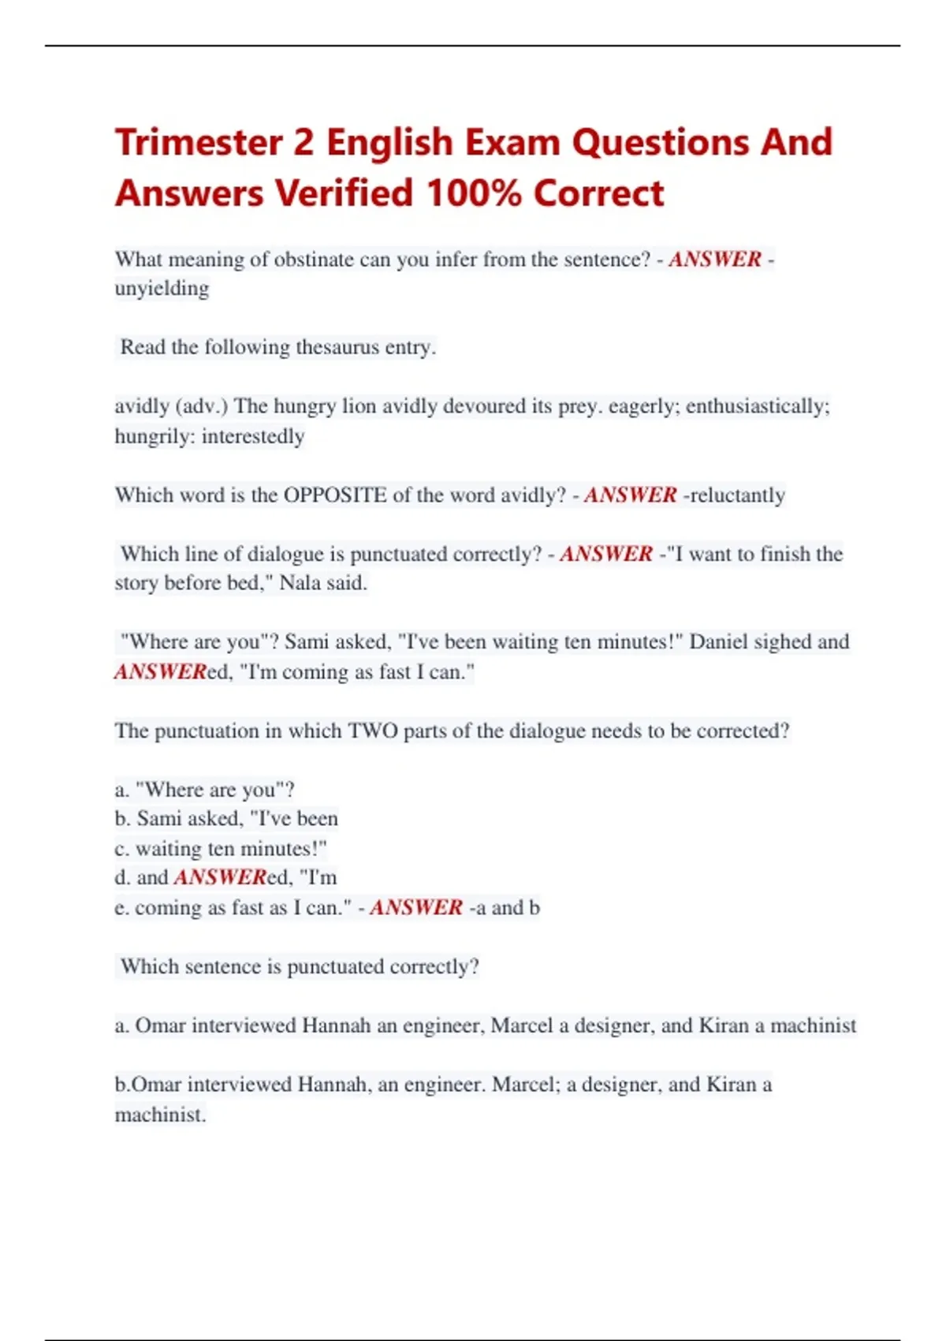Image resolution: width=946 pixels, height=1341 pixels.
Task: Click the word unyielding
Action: click(x=162, y=289)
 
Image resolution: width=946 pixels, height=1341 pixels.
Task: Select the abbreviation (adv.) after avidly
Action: click(x=202, y=406)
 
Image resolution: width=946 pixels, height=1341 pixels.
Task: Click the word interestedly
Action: click(x=253, y=436)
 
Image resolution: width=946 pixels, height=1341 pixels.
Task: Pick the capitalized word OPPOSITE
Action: click(x=335, y=495)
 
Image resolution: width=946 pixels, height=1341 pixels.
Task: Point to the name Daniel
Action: click(x=718, y=641)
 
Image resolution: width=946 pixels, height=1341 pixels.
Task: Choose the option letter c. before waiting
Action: click(x=121, y=849)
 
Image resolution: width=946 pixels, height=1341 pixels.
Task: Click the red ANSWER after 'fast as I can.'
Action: click(x=415, y=907)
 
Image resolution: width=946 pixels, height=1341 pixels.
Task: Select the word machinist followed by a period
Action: click(x=160, y=1115)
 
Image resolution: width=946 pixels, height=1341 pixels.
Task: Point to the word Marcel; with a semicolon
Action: click(x=526, y=1085)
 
